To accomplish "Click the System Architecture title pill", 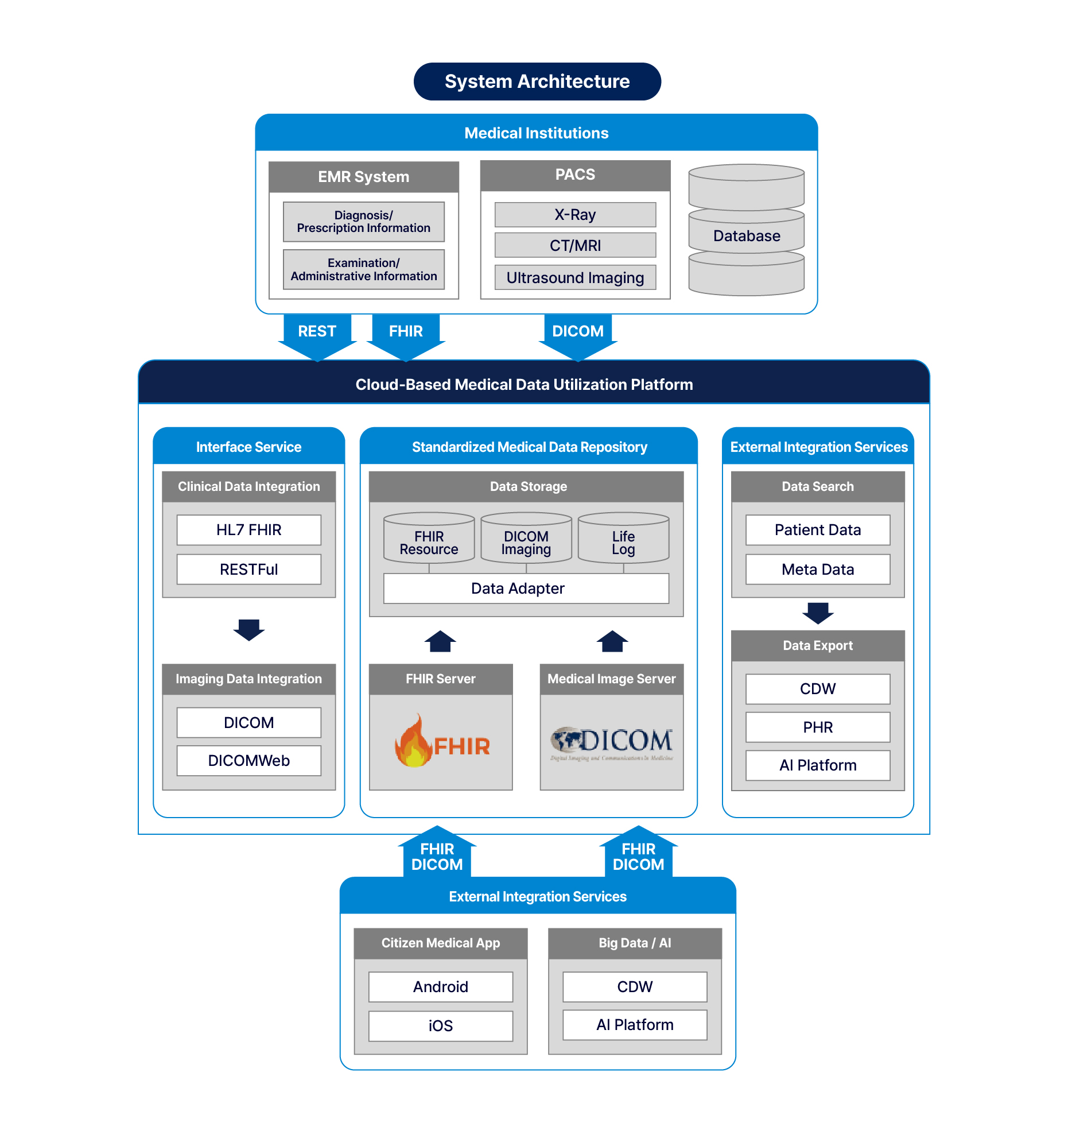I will point(537,82).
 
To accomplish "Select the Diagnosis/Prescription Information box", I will point(364,222).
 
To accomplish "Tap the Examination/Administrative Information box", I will point(364,269).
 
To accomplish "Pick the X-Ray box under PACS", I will point(574,214).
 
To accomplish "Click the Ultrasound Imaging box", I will point(574,277).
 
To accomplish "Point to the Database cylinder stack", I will point(746,231).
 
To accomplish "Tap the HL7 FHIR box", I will point(248,529).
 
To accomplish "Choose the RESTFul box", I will point(248,569).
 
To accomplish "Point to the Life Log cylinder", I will point(623,539).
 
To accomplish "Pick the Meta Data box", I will point(817,569).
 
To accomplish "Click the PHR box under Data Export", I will point(817,726).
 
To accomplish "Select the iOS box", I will point(440,1025).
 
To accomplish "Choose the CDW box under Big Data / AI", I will point(635,986).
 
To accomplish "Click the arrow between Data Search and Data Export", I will point(817,613).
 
